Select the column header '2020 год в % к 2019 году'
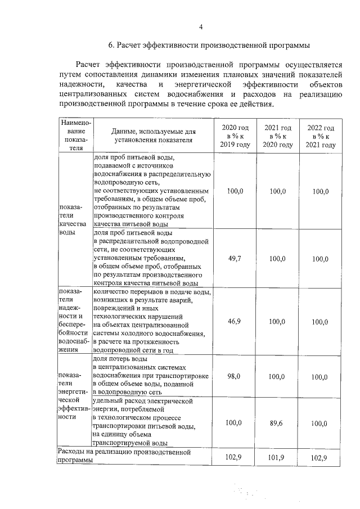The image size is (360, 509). [x=235, y=136]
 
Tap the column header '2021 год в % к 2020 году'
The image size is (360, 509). [x=277, y=136]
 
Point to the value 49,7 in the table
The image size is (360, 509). [x=235, y=259]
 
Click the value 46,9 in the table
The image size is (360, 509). [x=235, y=321]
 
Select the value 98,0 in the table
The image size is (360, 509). [x=235, y=376]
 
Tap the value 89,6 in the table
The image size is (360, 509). [x=277, y=422]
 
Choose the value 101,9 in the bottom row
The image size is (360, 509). [x=277, y=457]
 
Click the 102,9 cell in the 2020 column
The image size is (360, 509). [x=234, y=457]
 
